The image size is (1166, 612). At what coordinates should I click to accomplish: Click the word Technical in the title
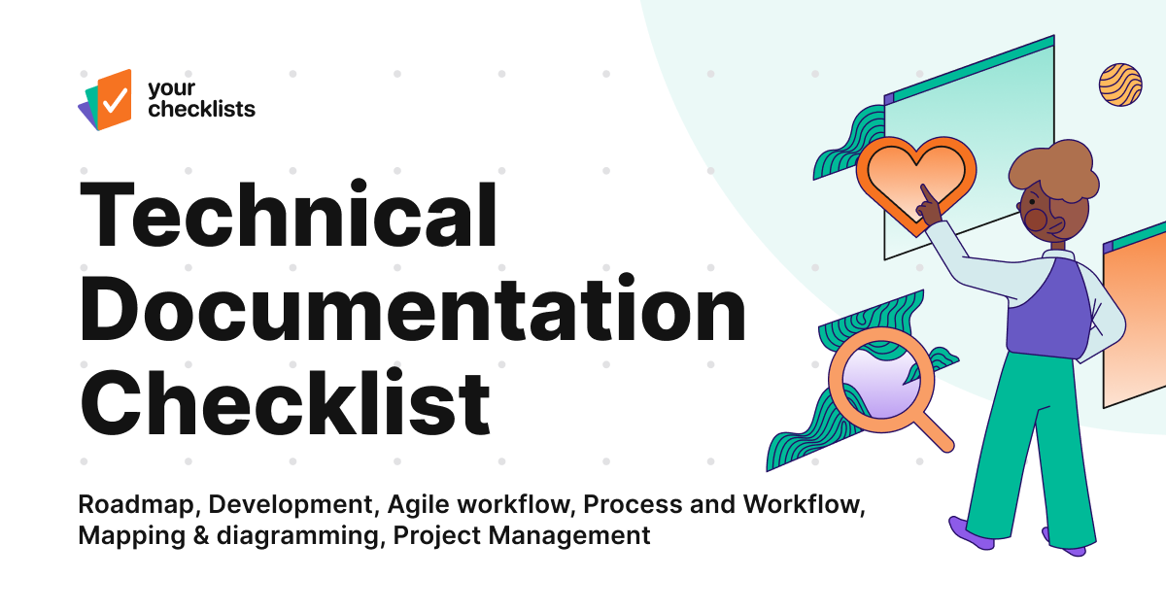[x=289, y=215]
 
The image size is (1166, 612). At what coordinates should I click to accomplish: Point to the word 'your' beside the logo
[x=165, y=89]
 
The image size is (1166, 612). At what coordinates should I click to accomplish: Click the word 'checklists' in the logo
[x=201, y=109]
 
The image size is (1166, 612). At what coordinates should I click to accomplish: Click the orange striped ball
[x=1119, y=85]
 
